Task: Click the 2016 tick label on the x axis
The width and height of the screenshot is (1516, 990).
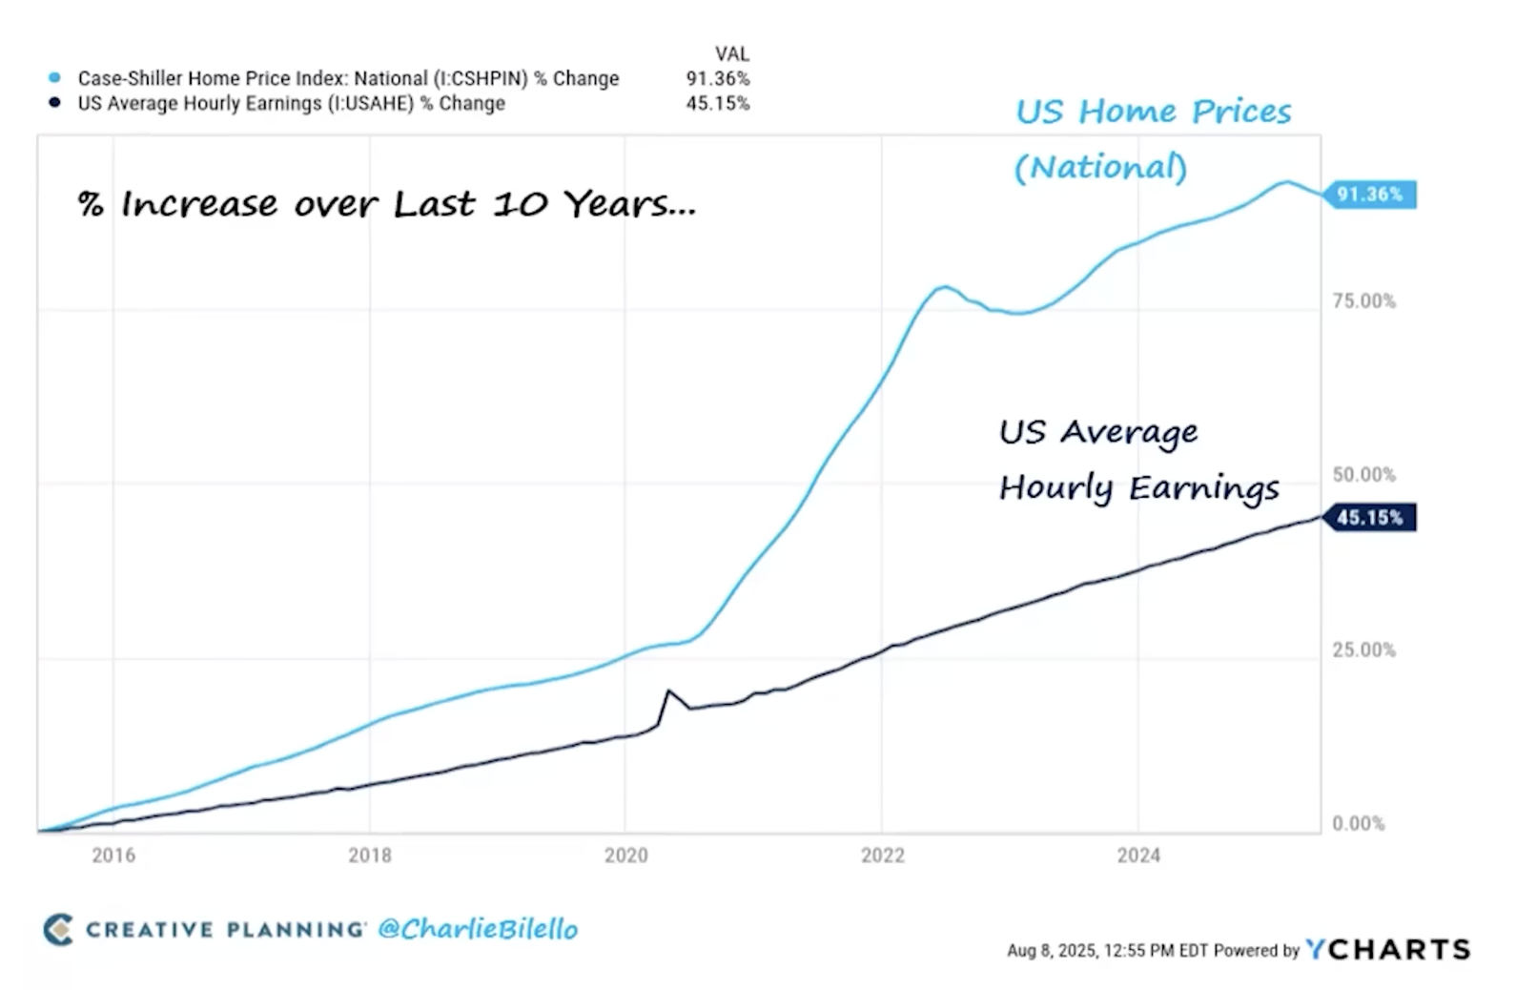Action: [x=113, y=856]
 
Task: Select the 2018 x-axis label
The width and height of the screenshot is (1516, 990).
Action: [x=370, y=856]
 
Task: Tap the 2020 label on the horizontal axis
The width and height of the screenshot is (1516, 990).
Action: [x=625, y=856]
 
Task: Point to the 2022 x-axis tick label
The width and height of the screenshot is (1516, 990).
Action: [x=882, y=856]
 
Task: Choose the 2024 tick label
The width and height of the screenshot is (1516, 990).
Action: [x=1138, y=856]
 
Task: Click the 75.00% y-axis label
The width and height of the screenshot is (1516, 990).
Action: [x=1363, y=301]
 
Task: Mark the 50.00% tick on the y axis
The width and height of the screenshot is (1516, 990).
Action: [x=1363, y=475]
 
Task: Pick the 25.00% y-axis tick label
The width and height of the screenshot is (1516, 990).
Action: [x=1363, y=650]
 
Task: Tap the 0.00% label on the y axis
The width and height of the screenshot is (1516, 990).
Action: [x=1359, y=824]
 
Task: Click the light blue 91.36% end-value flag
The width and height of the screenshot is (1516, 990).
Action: [x=1369, y=195]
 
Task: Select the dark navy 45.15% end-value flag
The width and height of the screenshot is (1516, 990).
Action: [x=1369, y=518]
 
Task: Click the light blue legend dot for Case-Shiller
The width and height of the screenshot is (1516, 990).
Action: [x=54, y=78]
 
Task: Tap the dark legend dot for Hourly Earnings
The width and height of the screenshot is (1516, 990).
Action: [x=54, y=103]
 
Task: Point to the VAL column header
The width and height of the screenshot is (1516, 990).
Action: [x=731, y=54]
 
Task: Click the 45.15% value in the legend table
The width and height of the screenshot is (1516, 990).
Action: [x=718, y=103]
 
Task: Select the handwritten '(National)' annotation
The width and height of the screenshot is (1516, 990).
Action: [x=1100, y=168]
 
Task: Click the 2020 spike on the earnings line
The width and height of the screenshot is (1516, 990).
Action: [x=668, y=691]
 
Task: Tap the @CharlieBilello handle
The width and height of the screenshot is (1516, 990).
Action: [x=478, y=929]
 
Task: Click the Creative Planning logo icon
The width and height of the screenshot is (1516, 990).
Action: [x=58, y=929]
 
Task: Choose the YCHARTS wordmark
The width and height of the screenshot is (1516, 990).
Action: [x=1388, y=949]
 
